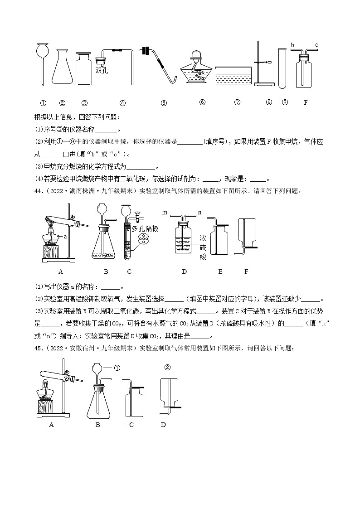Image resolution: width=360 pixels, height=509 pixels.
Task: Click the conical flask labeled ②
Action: tap(63, 68)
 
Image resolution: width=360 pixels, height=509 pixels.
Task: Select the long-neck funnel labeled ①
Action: tap(42, 59)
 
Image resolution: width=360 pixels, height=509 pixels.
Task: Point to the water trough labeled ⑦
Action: tap(234, 75)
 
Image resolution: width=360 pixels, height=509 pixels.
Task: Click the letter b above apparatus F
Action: tap(292, 45)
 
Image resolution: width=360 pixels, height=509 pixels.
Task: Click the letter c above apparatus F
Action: tap(316, 45)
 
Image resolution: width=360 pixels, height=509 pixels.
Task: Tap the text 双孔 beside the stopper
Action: tap(102, 70)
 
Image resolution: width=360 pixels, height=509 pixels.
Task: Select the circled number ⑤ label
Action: tap(164, 102)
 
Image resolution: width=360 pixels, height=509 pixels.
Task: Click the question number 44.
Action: tap(39, 191)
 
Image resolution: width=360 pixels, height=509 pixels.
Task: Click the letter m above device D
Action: tap(165, 212)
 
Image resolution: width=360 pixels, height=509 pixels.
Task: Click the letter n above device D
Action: tap(199, 212)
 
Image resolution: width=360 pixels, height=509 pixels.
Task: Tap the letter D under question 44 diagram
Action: tap(184, 271)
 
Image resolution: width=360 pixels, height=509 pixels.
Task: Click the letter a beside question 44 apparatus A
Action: tap(65, 236)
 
